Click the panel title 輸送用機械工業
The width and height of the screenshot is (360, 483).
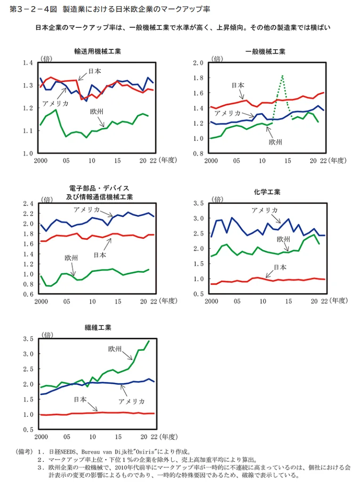click(97, 51)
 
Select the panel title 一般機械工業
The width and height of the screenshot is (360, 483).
click(265, 51)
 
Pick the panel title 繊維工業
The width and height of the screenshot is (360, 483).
click(98, 327)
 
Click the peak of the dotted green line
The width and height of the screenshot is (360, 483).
click(281, 76)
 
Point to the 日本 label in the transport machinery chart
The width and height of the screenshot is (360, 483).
click(95, 71)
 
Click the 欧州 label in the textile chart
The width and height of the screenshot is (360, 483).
click(115, 349)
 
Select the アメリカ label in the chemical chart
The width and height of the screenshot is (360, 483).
click(264, 210)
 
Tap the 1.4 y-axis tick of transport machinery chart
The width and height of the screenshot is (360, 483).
click(28, 63)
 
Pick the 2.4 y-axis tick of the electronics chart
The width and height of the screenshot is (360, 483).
click(28, 204)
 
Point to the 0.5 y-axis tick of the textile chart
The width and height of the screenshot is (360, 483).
click(28, 430)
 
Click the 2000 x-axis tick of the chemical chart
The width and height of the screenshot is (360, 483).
click(211, 301)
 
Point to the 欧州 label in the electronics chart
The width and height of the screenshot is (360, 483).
click(72, 258)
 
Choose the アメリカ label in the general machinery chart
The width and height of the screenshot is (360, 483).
click(228, 113)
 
